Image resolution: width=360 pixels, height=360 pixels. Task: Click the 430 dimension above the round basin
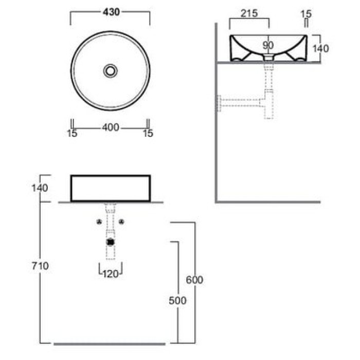coord(111,12)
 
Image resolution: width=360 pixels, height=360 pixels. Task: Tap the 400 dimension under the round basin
coord(111,128)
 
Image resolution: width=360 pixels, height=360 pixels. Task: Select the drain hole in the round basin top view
coord(111,71)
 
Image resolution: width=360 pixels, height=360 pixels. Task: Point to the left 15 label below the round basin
coord(72,133)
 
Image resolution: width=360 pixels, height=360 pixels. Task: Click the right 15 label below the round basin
coord(148,133)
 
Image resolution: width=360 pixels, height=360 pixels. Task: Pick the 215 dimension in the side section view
coord(249,13)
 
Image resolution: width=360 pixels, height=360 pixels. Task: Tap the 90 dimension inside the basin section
coord(268,45)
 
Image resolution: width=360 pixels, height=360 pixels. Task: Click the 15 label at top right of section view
coord(306,14)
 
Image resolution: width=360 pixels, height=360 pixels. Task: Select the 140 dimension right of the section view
coord(320,49)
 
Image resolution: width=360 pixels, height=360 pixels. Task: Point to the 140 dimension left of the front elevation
coord(40,188)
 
